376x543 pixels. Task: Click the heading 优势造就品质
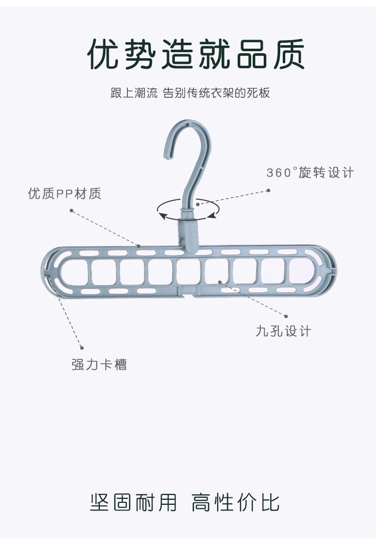196,55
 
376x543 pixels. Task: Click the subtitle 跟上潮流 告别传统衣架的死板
190,93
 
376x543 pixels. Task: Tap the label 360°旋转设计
310,173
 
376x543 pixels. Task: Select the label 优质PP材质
65,194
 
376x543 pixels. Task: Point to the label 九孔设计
283,331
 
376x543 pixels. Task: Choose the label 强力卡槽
99,364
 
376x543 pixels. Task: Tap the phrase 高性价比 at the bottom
236,502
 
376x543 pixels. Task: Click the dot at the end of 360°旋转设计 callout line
268,191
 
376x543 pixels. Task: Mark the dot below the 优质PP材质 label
71,211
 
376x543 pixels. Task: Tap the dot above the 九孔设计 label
286,316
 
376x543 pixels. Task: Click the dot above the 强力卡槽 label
82,347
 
